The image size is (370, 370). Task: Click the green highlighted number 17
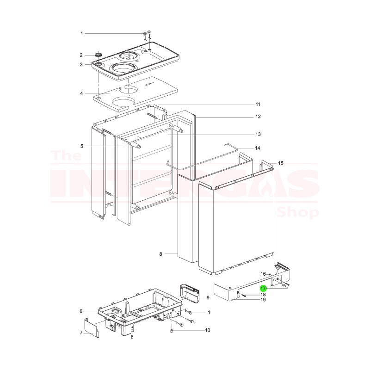pyautogui.click(x=263, y=288)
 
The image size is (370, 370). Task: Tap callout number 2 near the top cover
pyautogui.click(x=82, y=55)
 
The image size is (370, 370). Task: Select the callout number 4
pyautogui.click(x=82, y=93)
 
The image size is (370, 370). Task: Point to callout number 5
pyautogui.click(x=82, y=146)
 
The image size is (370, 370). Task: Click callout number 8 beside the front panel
pyautogui.click(x=160, y=254)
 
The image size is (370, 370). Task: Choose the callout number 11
pyautogui.click(x=258, y=104)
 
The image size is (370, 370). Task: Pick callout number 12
pyautogui.click(x=258, y=117)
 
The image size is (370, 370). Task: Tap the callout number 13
pyautogui.click(x=258, y=134)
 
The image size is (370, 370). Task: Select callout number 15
pyautogui.click(x=281, y=163)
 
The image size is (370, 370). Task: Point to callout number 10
pyautogui.click(x=208, y=330)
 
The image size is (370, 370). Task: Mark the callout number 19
pyautogui.click(x=263, y=300)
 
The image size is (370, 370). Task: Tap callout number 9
pyautogui.click(x=208, y=297)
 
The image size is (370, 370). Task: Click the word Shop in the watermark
pyautogui.click(x=298, y=213)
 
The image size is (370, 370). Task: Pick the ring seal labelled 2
pyautogui.click(x=98, y=55)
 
